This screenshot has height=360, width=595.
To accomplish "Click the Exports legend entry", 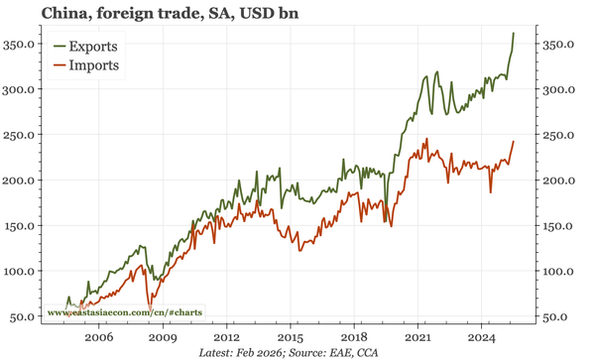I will tap(95, 46).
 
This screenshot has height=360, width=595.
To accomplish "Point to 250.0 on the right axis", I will tap(561, 135).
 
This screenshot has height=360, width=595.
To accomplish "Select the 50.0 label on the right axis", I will tap(558, 316).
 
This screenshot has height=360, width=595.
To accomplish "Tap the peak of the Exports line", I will tap(514, 33).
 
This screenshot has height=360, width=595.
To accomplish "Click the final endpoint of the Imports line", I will tap(514, 142).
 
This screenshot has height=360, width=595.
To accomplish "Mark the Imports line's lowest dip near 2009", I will tap(149, 306).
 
